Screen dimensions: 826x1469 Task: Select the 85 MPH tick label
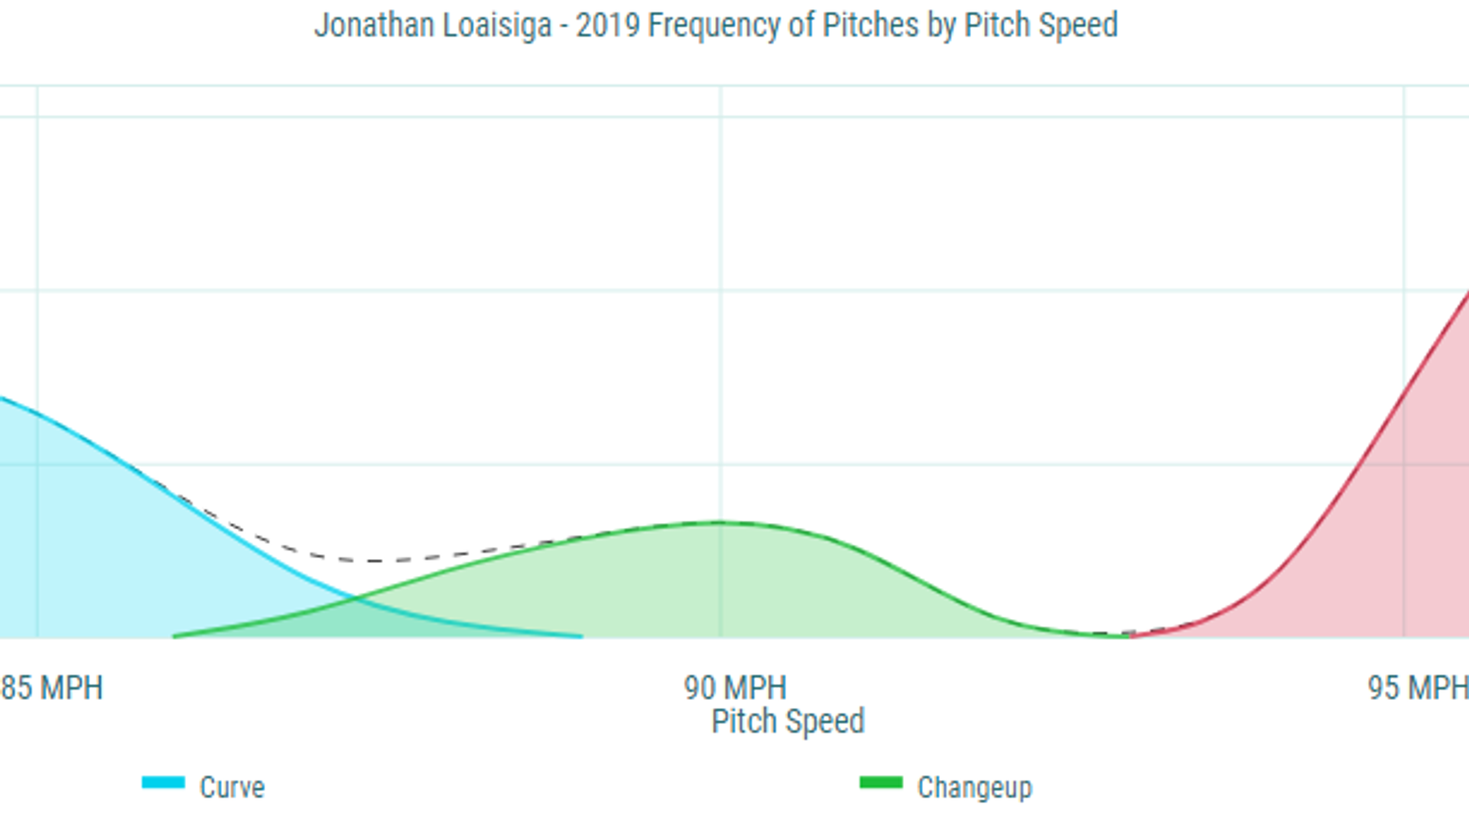[52, 688]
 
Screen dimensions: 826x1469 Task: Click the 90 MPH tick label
[735, 688]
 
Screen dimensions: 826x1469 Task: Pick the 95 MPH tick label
[1418, 688]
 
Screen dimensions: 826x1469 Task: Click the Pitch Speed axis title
[788, 721]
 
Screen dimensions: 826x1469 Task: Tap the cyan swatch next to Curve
[163, 782]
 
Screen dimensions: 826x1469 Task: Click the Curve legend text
[232, 787]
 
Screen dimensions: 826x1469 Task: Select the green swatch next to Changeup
[881, 782]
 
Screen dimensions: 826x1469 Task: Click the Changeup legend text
[974, 787]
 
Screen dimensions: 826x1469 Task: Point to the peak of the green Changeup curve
[720, 523]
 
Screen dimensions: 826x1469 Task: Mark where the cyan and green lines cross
[356, 599]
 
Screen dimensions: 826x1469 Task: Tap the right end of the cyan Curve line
[581, 636]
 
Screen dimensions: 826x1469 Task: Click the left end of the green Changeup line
[175, 636]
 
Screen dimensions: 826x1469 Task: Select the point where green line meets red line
[1129, 635]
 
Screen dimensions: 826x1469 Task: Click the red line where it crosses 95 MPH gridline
[1404, 399]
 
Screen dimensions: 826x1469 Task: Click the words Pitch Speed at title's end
[1040, 25]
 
